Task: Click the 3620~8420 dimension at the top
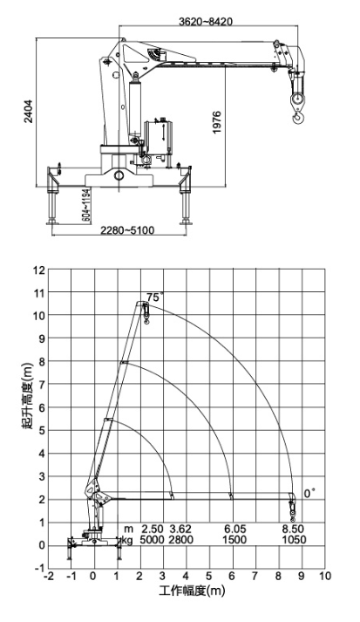(x=206, y=22)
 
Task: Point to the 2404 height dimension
(x=29, y=112)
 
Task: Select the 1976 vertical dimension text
(x=217, y=122)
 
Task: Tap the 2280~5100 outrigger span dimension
(x=127, y=230)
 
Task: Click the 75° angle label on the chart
(x=154, y=297)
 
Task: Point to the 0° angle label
(x=309, y=494)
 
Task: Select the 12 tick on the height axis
(x=39, y=270)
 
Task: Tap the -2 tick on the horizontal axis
(x=49, y=576)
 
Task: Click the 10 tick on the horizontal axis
(x=325, y=576)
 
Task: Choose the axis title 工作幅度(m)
(x=193, y=591)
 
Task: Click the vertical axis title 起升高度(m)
(x=27, y=397)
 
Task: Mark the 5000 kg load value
(x=153, y=539)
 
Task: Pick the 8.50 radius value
(x=293, y=529)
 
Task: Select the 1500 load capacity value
(x=234, y=539)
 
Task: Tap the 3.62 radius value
(x=180, y=529)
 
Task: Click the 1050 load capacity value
(x=294, y=539)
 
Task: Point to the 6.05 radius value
(x=234, y=529)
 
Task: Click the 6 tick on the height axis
(x=43, y=407)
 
